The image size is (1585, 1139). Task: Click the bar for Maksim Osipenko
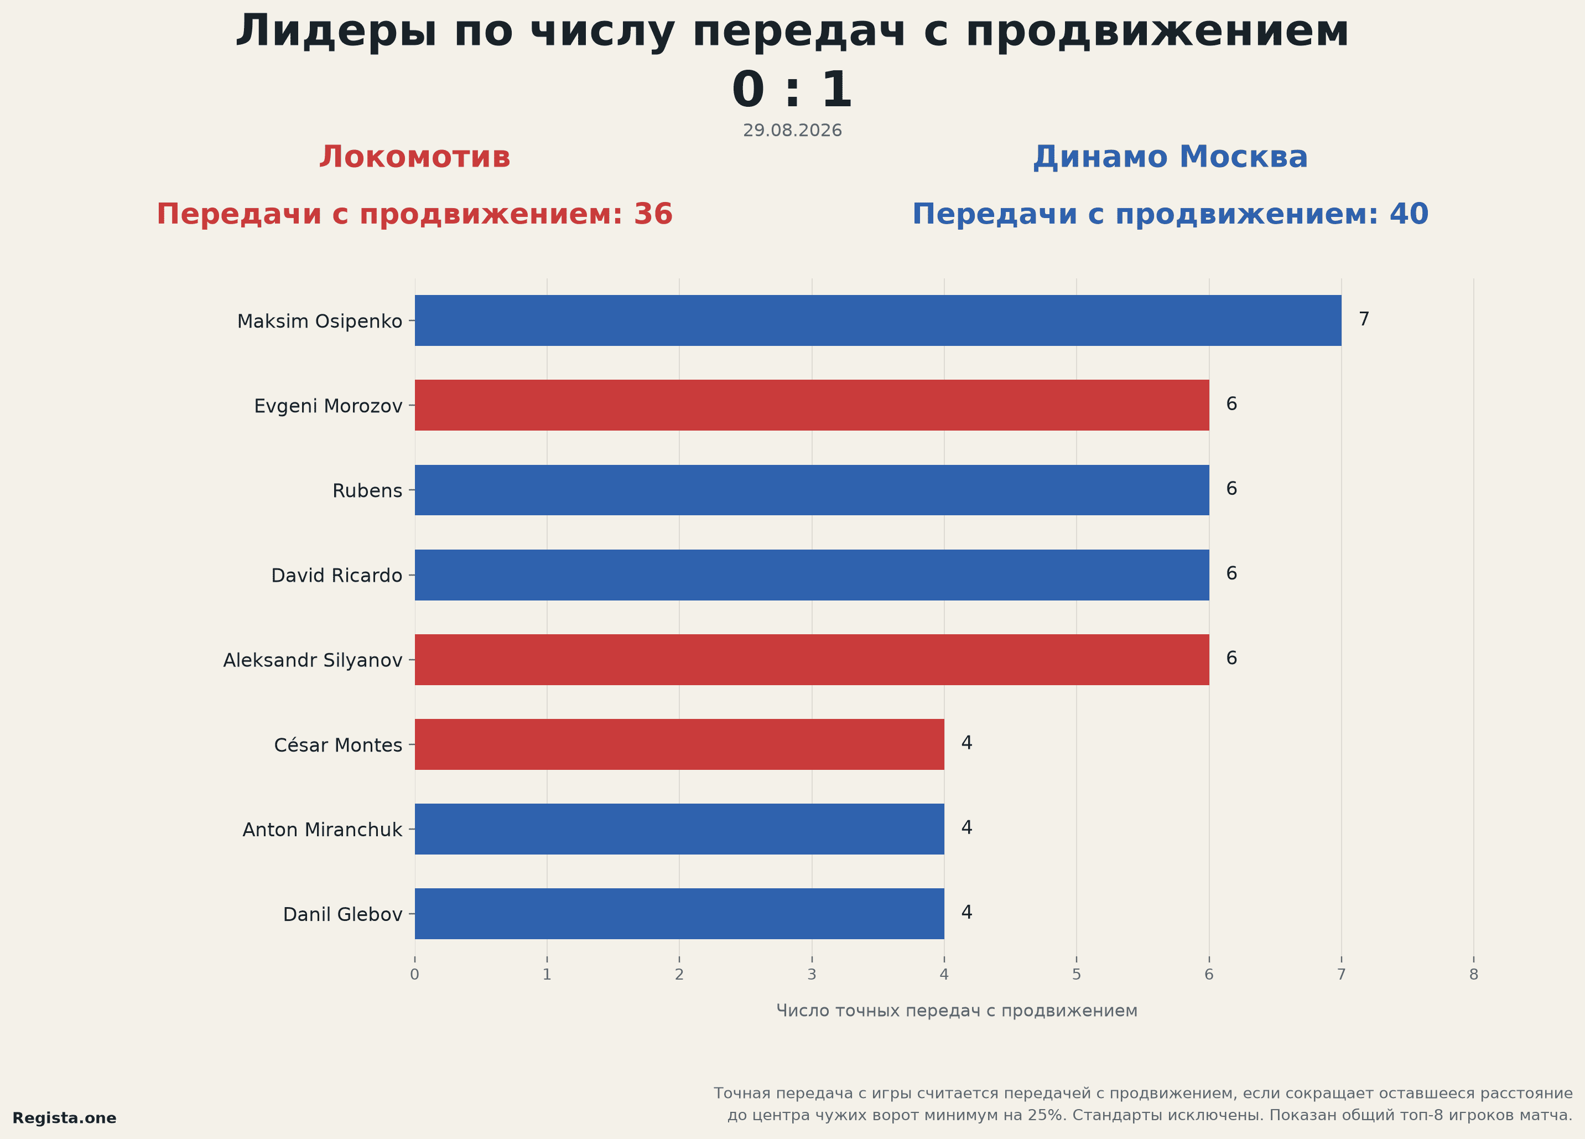point(878,320)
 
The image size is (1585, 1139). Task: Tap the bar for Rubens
point(812,490)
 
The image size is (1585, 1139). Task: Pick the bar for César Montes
point(679,744)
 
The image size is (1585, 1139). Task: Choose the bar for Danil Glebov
point(679,914)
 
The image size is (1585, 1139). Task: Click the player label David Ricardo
point(337,576)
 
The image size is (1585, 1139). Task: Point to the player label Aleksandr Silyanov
point(313,661)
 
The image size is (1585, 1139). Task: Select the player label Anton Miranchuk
point(322,830)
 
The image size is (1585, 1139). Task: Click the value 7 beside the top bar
point(1364,319)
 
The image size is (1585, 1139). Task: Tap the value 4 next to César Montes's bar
point(967,743)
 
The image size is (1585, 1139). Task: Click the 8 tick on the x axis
point(1474,975)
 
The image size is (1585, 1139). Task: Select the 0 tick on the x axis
point(415,975)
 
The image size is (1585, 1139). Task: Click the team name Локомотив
point(415,157)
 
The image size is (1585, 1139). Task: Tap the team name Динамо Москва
point(1171,157)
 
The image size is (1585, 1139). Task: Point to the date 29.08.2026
point(792,131)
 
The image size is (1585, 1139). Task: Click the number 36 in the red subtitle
point(653,214)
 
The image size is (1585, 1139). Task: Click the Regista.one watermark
point(64,1118)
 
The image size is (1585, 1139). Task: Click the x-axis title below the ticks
point(957,1011)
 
